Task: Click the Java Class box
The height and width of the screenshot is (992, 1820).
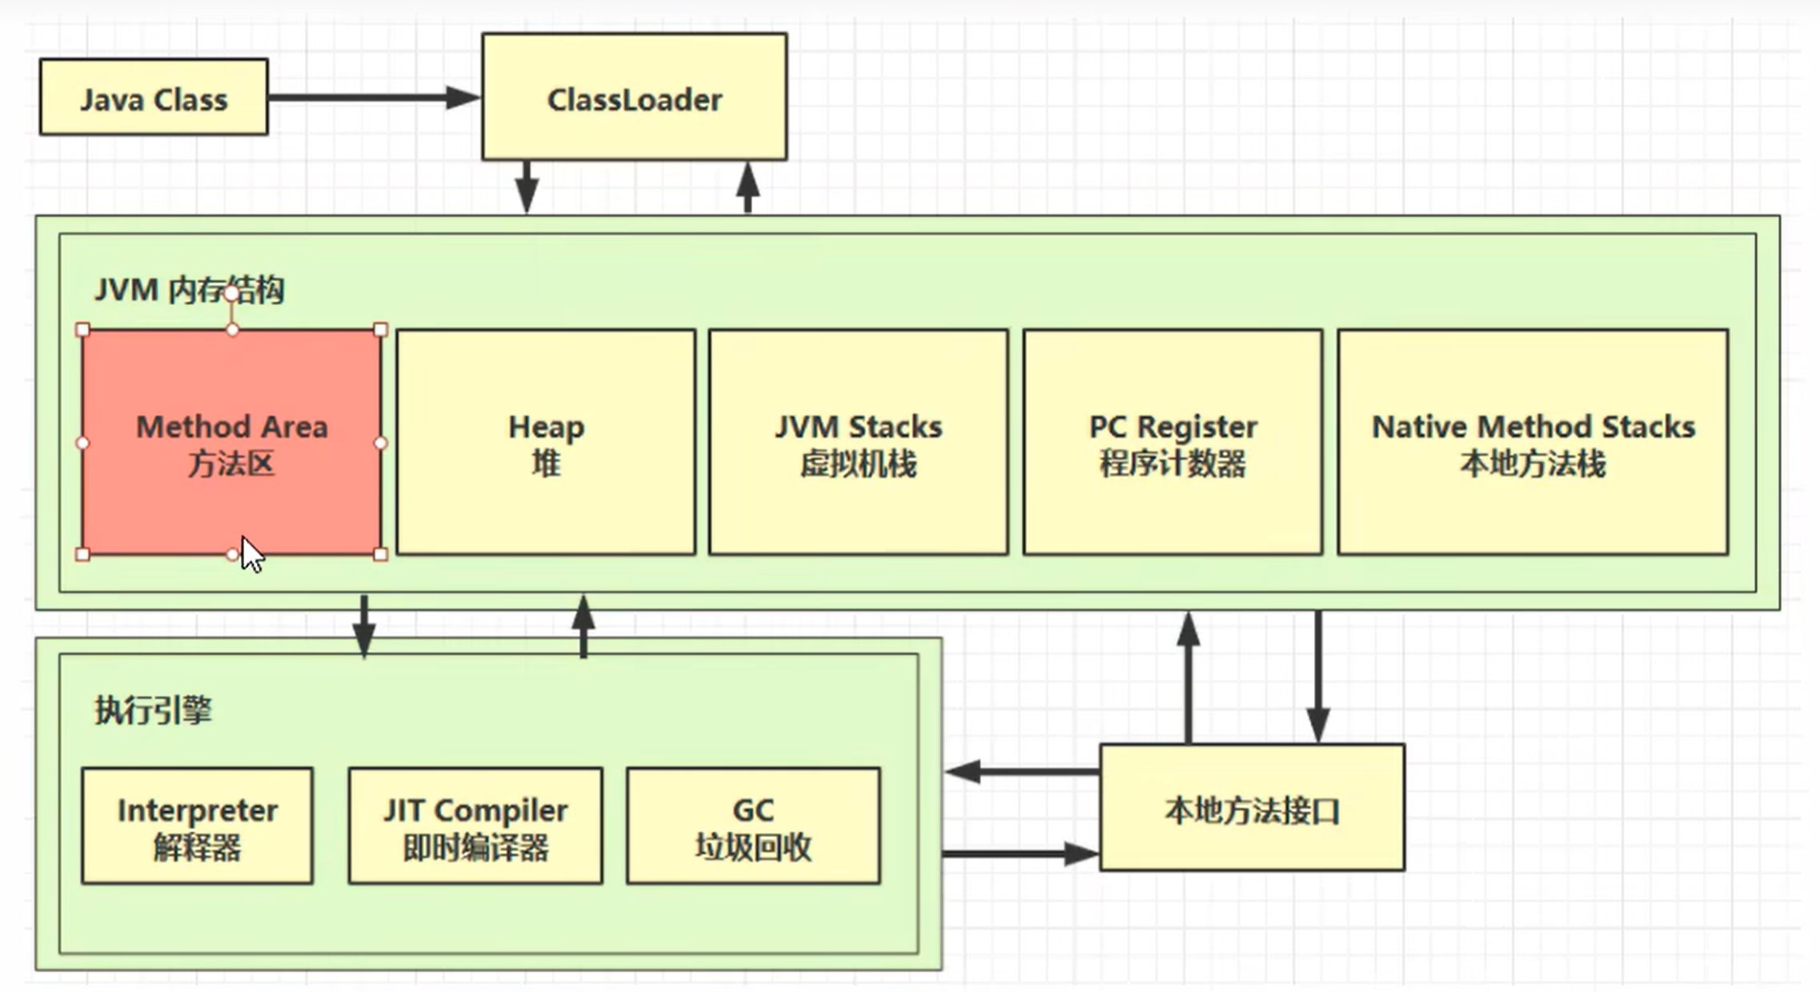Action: [x=154, y=97]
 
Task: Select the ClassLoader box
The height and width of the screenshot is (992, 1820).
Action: [x=634, y=97]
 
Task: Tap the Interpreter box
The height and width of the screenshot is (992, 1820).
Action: [x=197, y=826]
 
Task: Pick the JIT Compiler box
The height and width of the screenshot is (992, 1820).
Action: [x=475, y=826]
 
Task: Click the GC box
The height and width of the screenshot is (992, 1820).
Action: [x=753, y=826]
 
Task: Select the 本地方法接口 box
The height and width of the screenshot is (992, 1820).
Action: [x=1252, y=808]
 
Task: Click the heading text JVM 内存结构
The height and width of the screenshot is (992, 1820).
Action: [x=189, y=290]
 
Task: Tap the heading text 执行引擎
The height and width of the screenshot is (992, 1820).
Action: [x=153, y=710]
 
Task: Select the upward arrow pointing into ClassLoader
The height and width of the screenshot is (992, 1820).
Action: [x=748, y=188]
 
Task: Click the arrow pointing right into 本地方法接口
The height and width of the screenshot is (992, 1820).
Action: [x=1020, y=853]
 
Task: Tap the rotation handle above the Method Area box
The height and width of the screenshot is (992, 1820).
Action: [x=231, y=294]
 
